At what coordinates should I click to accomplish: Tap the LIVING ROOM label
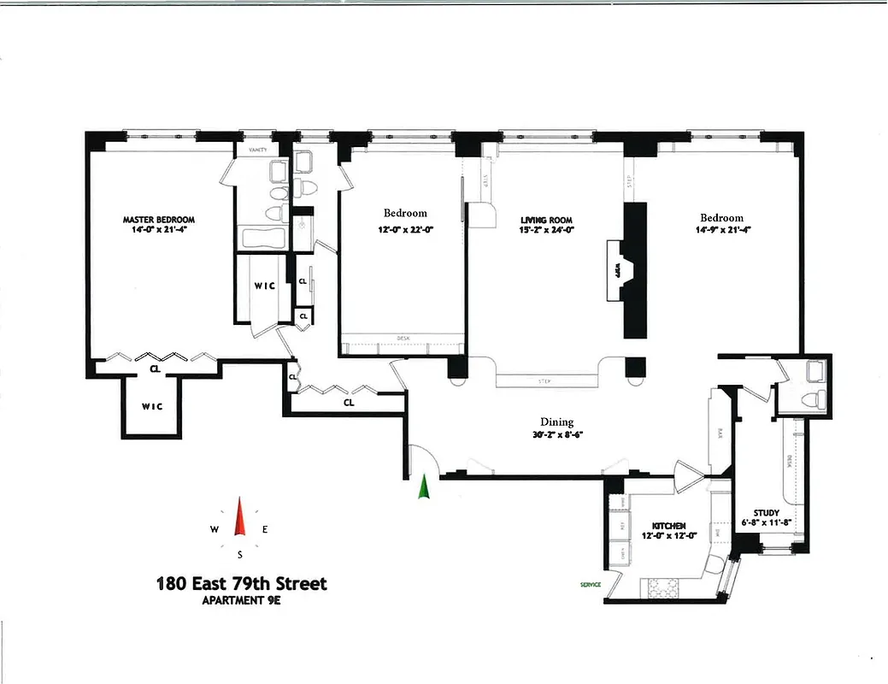(546, 220)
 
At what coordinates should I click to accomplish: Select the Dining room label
(556, 422)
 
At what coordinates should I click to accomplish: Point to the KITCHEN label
(670, 526)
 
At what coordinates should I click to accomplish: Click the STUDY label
(766, 513)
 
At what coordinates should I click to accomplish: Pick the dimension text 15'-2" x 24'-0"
(546, 229)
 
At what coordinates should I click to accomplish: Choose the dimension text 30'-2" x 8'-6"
(556, 433)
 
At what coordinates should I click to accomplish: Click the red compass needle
(240, 517)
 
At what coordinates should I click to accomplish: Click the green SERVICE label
(591, 585)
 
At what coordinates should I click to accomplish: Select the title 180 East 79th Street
(241, 585)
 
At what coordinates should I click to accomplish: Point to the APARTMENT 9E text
(241, 600)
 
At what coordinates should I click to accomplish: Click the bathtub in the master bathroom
(263, 239)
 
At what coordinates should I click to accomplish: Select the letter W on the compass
(214, 530)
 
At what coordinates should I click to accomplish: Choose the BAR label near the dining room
(720, 434)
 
